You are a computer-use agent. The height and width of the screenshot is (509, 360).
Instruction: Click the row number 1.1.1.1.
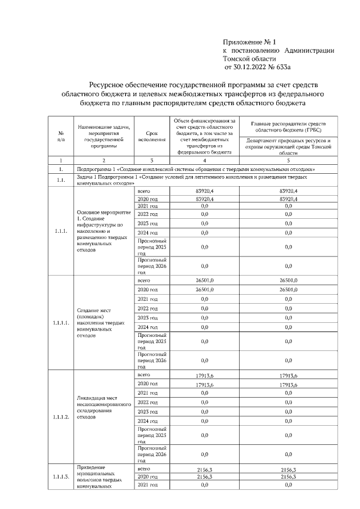coord(60,323)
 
